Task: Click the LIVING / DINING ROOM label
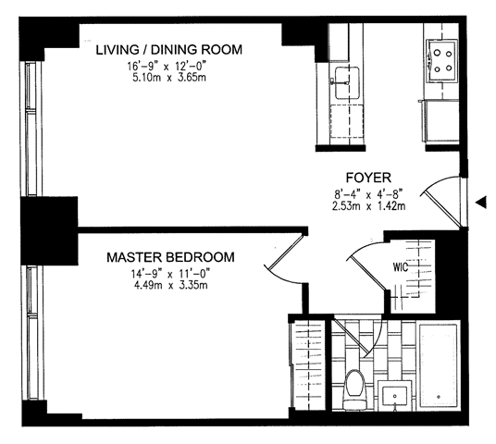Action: tap(169, 50)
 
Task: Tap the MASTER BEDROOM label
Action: tap(170, 257)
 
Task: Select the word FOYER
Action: tap(368, 178)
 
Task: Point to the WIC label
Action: tap(400, 267)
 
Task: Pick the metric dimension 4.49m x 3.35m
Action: tap(171, 286)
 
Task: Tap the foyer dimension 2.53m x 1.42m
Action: tap(368, 206)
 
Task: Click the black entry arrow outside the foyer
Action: tap(481, 203)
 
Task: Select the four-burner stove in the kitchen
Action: tap(442, 61)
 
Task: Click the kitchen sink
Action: tap(347, 82)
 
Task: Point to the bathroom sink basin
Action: tap(394, 396)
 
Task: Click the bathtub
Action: tap(439, 365)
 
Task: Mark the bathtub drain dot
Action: tap(439, 397)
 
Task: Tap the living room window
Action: tap(31, 129)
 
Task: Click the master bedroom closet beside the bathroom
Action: tap(308, 364)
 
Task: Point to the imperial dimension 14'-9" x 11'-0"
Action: tap(171, 273)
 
